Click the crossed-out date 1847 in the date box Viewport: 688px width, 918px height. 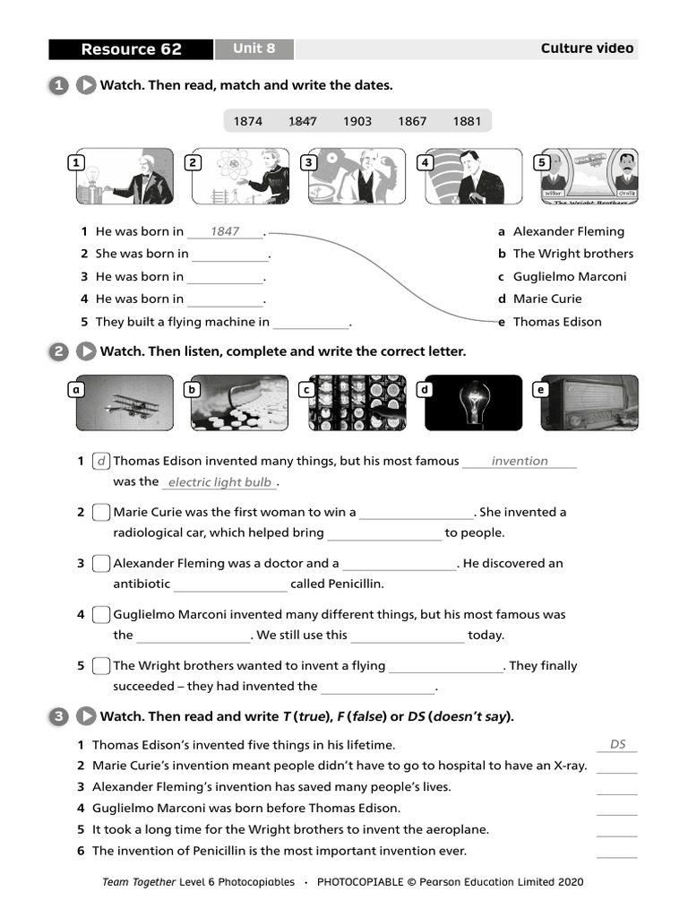tap(302, 121)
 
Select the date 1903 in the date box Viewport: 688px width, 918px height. tap(357, 121)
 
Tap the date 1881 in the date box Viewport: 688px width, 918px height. tap(466, 121)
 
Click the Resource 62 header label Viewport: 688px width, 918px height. tap(131, 49)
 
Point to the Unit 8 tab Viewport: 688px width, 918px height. tap(254, 48)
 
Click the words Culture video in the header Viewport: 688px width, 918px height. tap(587, 48)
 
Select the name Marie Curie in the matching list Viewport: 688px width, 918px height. tap(546, 299)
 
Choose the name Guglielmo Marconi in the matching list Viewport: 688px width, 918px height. tap(569, 276)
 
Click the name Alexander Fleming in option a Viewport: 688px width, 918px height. tap(568, 231)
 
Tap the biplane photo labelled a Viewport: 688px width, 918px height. tap(125, 403)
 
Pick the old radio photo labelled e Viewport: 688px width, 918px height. tap(589, 403)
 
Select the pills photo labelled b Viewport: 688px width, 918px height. tap(240, 403)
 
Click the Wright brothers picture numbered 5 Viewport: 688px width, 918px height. tap(586, 177)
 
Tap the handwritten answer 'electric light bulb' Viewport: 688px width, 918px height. tap(219, 482)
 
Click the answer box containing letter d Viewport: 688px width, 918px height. tap(101, 461)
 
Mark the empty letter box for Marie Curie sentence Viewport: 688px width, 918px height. tap(101, 513)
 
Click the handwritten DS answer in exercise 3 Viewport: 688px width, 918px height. tap(617, 744)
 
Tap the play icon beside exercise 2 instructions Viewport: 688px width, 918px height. tap(86, 351)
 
